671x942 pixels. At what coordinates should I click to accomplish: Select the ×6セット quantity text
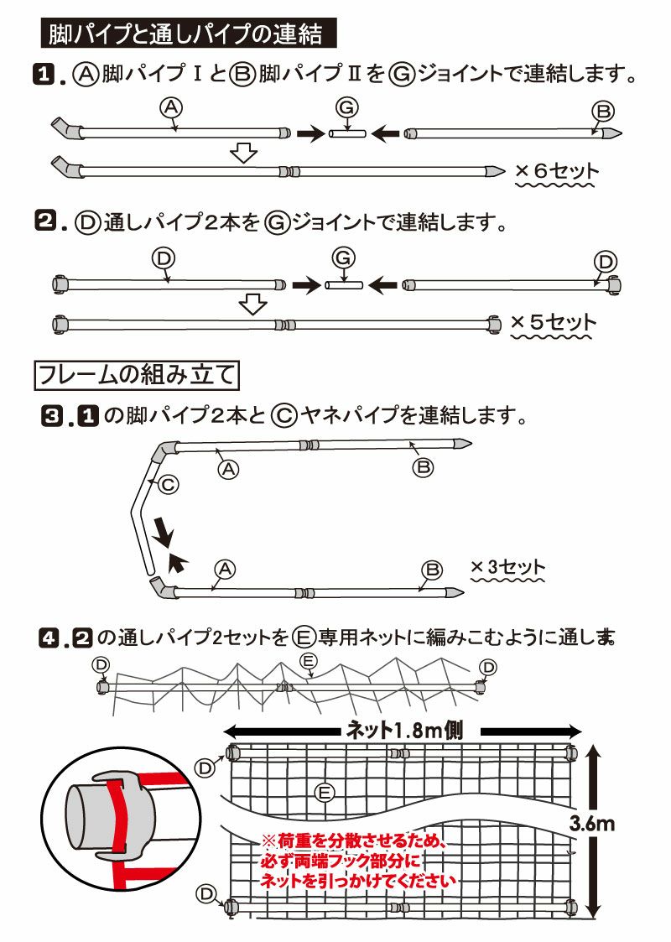coord(557,171)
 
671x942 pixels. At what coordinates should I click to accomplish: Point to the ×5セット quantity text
coord(553,322)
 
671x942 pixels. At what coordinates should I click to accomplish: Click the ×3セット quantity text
coord(507,568)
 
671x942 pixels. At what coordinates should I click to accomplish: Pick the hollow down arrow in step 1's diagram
coord(243,153)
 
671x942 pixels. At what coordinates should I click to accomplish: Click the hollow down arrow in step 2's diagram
coord(252,303)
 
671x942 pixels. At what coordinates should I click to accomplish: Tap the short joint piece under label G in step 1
coord(346,133)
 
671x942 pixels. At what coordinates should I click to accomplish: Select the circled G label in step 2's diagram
coord(344,257)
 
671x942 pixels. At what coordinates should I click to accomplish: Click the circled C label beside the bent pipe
coord(168,484)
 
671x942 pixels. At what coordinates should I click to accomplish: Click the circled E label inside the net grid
coord(325,791)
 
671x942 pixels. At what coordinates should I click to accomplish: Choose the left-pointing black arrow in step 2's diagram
coord(384,285)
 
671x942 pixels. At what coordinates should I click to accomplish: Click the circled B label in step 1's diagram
coord(602,111)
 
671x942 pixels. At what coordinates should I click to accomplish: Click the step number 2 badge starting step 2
coord(43,223)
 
